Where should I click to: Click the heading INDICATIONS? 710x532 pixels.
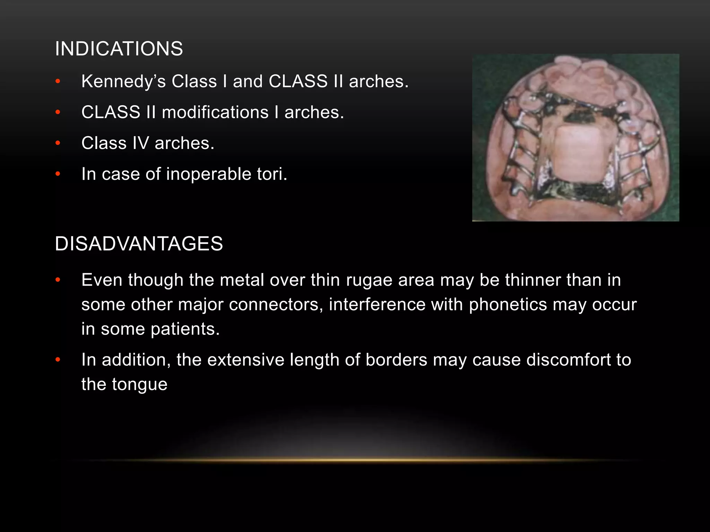(119, 48)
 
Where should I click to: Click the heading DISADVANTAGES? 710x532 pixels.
(139, 243)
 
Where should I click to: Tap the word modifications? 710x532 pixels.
(215, 112)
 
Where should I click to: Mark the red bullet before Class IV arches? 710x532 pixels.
(58, 143)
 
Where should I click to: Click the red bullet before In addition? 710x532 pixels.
(58, 360)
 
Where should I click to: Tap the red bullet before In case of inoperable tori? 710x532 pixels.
(58, 174)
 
